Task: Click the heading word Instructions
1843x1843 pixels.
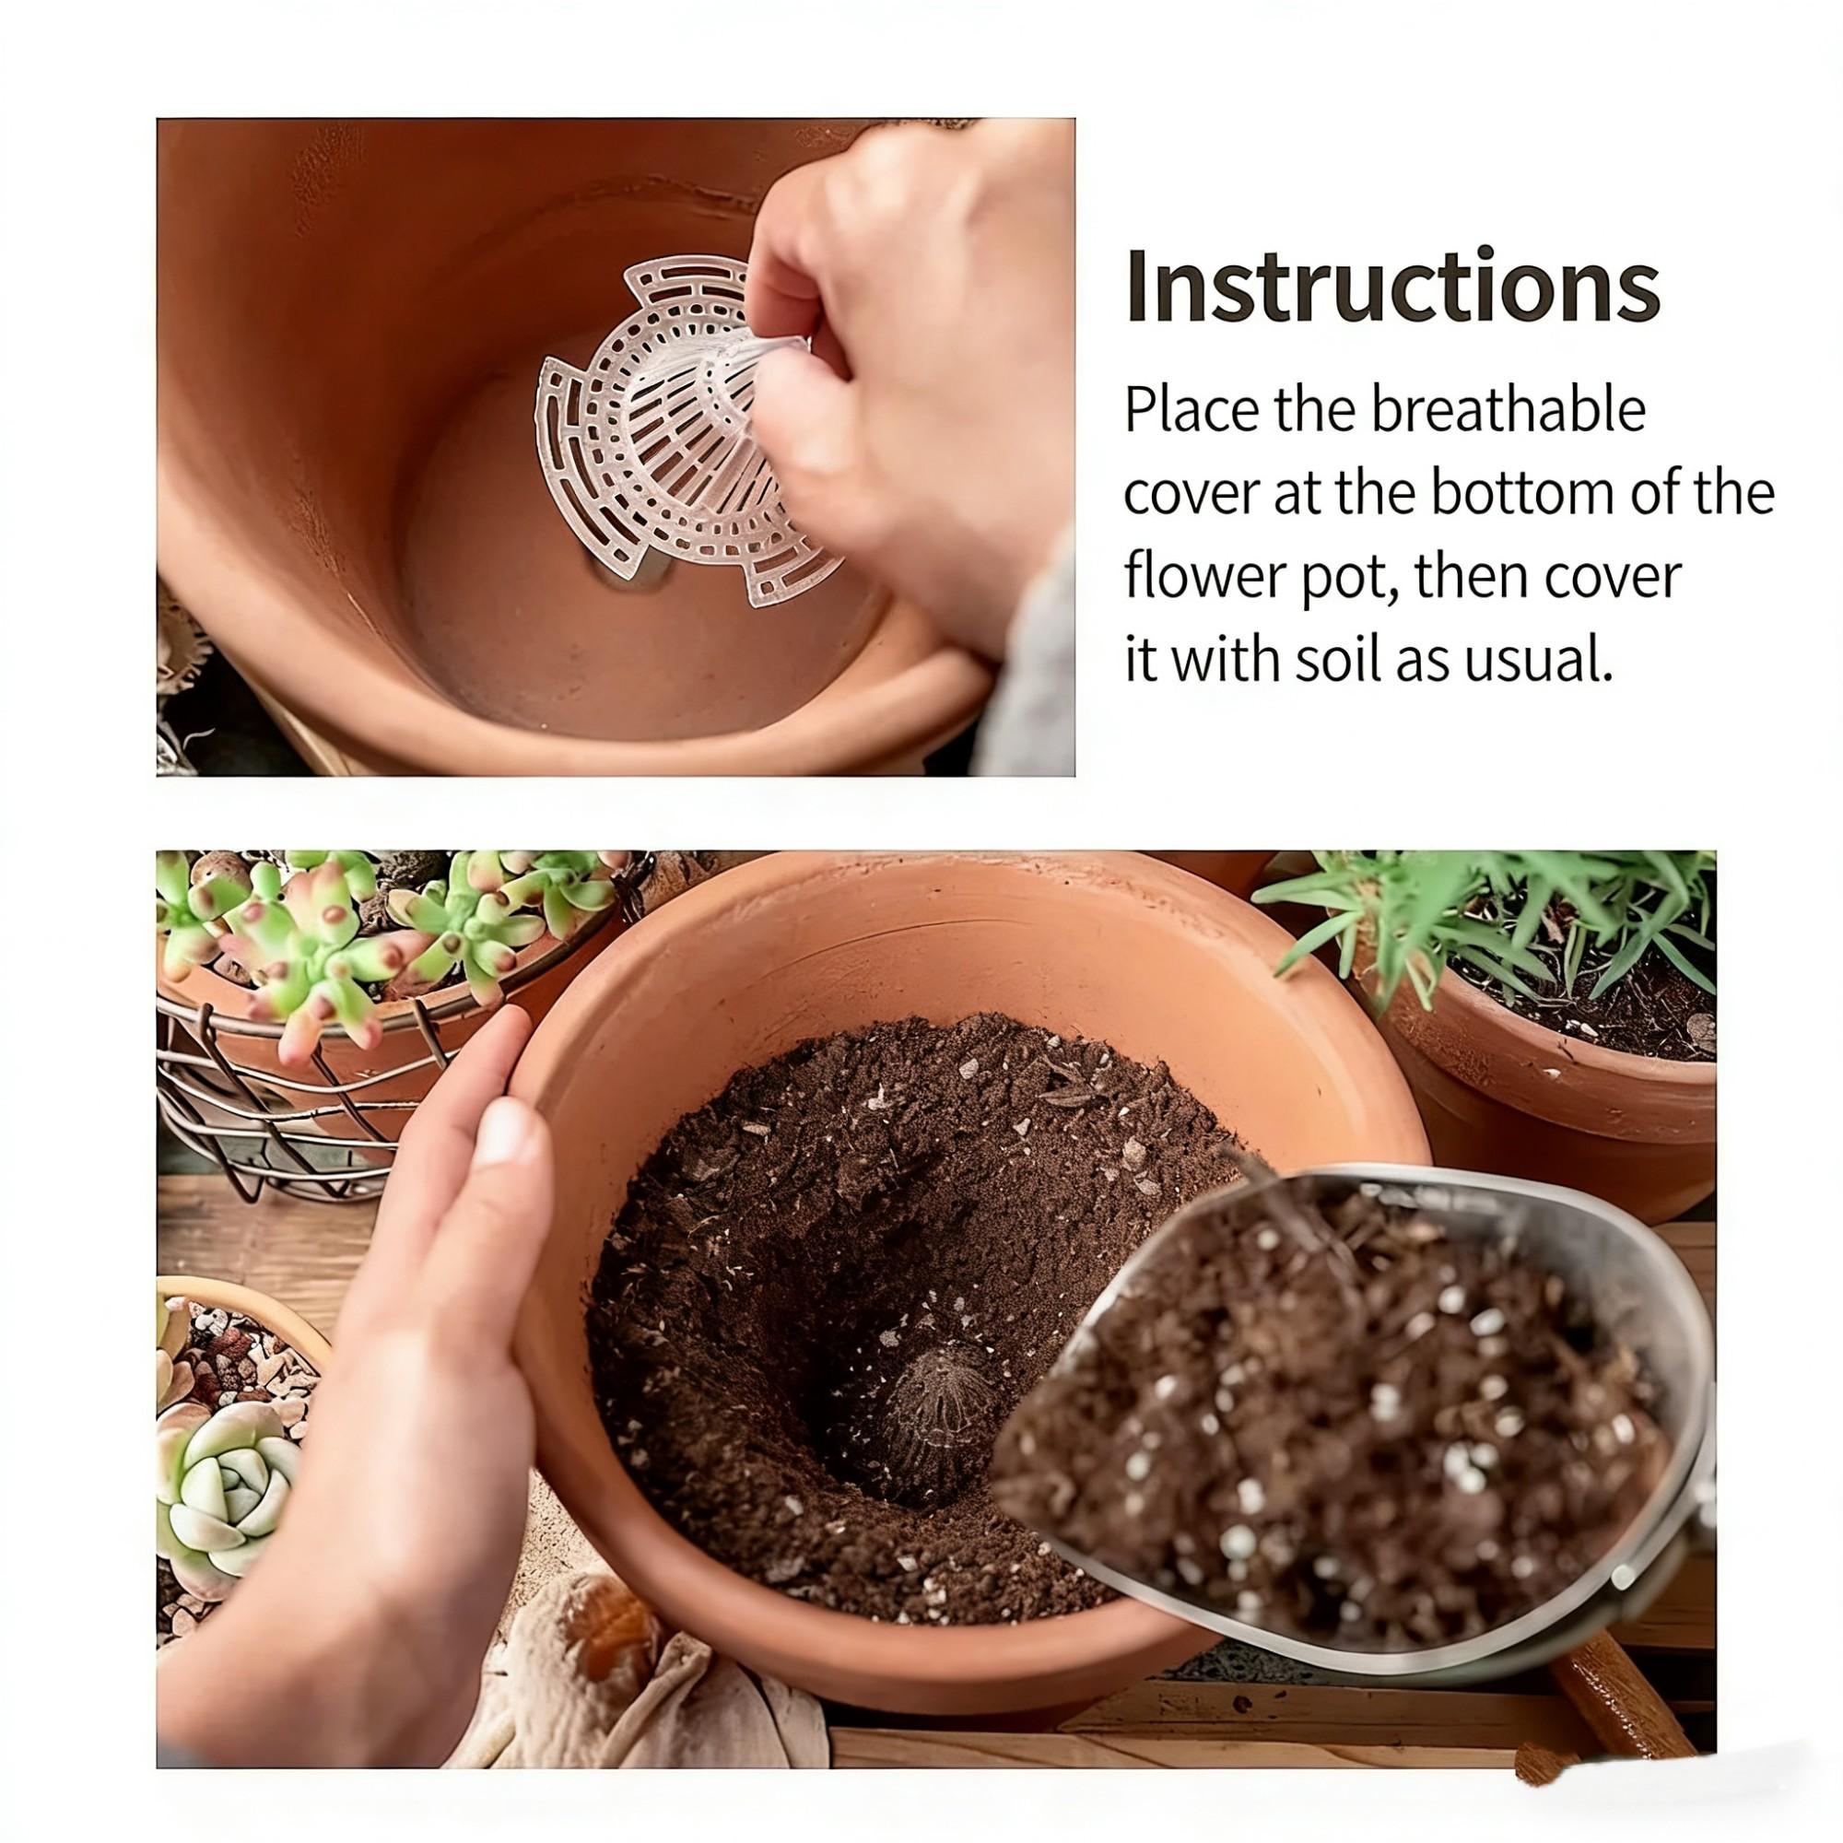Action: (x=1393, y=287)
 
